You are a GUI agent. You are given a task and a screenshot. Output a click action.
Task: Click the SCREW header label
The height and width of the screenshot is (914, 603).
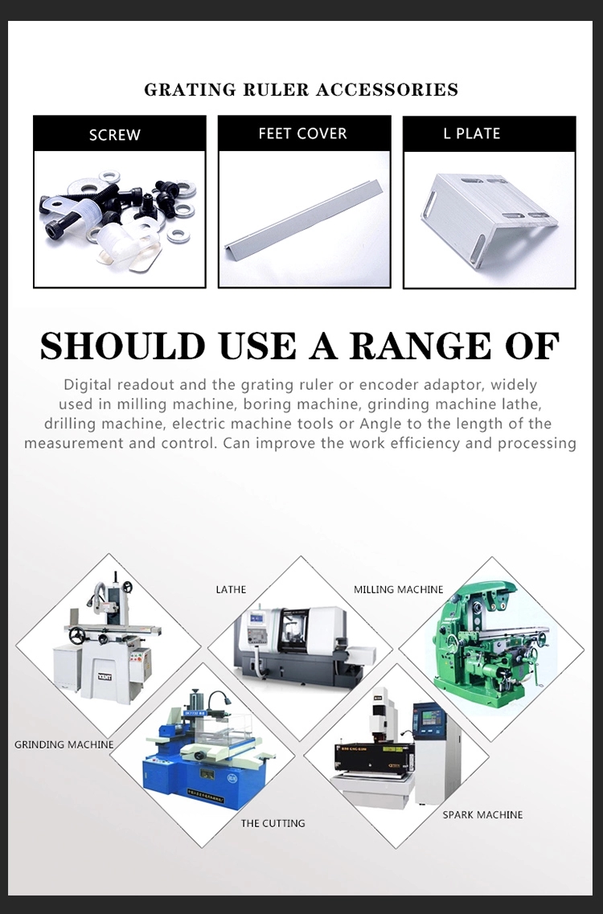coord(114,135)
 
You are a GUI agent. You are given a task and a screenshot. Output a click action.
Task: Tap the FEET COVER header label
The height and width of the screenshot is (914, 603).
coord(302,133)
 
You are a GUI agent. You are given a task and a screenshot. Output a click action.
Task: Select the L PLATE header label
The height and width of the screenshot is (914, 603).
coord(472,133)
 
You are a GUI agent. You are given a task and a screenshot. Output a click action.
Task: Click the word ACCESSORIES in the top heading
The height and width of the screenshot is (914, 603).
coord(388,90)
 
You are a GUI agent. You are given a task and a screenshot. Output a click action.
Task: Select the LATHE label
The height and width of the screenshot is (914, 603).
coord(231,589)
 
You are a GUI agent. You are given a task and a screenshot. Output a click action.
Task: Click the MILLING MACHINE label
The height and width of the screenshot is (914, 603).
coord(398,589)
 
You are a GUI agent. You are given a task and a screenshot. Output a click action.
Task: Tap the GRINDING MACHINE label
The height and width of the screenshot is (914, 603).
coord(64,744)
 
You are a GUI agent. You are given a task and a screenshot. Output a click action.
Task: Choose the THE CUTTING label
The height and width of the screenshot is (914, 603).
coord(273,823)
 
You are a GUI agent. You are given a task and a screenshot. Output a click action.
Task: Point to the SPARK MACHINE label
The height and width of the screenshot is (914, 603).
coord(482,814)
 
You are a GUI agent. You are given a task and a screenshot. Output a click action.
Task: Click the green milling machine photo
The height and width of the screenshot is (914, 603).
coord(491,644)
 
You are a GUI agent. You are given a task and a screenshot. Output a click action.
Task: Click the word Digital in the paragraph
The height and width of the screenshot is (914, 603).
coord(88,385)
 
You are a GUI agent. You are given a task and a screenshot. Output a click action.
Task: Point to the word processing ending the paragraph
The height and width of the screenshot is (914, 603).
coord(536,444)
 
